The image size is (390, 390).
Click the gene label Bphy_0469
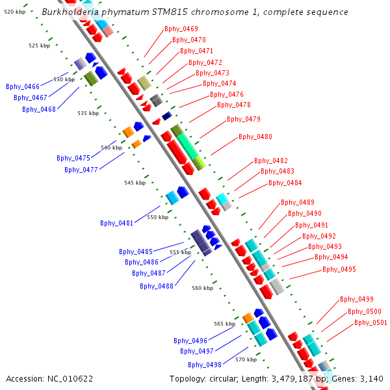181,29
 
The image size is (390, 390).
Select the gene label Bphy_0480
255,137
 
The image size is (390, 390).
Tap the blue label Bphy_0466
23,86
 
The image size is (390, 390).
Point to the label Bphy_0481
117,224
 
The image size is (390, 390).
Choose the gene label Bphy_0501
370,322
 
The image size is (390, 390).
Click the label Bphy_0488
157,286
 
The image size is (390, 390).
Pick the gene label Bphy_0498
205,365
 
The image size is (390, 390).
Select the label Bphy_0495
339,270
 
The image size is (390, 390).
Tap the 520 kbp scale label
14,12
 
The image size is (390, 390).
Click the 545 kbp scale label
135,183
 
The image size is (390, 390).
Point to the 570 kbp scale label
246,359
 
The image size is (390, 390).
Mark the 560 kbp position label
202,288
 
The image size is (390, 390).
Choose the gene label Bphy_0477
81,170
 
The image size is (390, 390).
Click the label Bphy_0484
285,183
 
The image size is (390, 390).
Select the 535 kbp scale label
88,113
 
